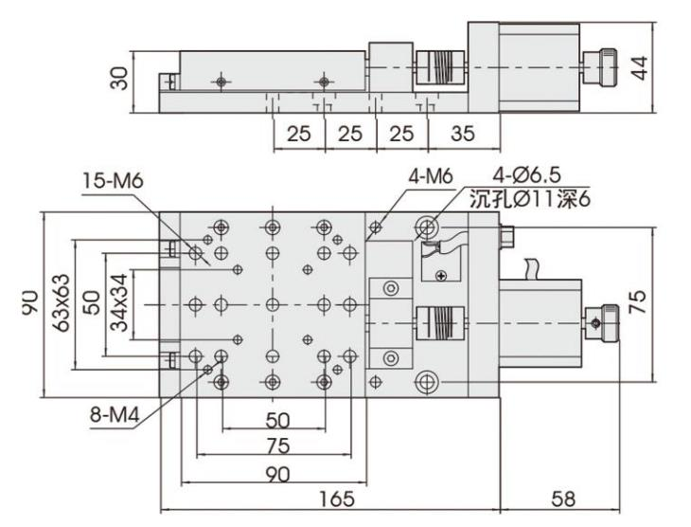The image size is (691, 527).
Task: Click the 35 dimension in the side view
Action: click(462, 134)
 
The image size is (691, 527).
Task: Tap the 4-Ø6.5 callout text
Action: click(526, 177)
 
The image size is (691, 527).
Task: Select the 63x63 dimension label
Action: click(60, 304)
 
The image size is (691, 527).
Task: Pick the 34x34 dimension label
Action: click(119, 304)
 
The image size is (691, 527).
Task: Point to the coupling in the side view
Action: click(436, 68)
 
